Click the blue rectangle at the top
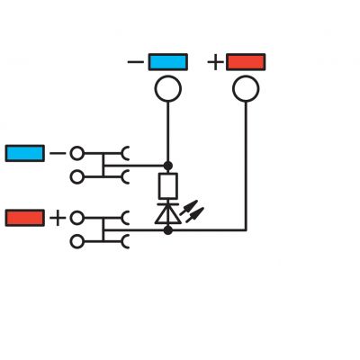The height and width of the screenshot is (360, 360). click(168, 62)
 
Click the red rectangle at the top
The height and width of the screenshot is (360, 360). click(246, 62)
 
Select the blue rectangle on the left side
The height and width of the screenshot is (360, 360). click(25, 153)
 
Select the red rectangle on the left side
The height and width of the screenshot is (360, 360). click(25, 218)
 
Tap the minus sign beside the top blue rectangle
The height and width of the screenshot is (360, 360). click(136, 62)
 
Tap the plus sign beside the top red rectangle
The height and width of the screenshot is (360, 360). click(215, 62)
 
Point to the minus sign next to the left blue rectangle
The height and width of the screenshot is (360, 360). click(58, 153)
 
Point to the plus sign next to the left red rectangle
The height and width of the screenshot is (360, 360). click(58, 218)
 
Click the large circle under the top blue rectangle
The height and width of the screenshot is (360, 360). click(168, 89)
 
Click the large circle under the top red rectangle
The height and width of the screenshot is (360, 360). click(246, 89)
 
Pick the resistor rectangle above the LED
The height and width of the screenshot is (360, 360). click(168, 185)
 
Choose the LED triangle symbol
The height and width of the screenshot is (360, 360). click(168, 214)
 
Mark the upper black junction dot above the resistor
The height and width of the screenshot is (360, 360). click(168, 166)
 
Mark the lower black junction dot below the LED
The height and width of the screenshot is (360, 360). click(168, 230)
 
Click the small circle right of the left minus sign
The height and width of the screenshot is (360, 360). click(77, 153)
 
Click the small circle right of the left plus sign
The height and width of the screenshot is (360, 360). click(77, 218)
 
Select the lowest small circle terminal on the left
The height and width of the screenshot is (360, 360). click(77, 241)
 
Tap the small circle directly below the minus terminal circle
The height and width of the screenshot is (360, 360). click(77, 177)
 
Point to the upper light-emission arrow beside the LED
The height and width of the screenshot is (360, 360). click(189, 208)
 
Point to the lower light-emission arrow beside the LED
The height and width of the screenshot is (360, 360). click(194, 215)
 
